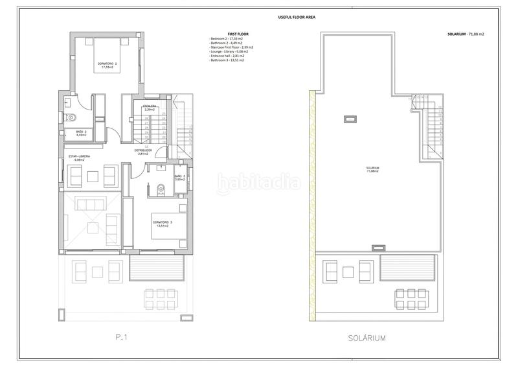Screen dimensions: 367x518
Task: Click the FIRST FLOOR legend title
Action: tap(221, 34)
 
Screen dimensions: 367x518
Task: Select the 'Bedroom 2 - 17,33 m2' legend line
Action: tap(227, 39)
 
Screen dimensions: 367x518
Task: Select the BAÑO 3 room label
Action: tap(179, 178)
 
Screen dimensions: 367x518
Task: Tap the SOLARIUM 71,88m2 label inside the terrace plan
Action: tap(372, 170)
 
